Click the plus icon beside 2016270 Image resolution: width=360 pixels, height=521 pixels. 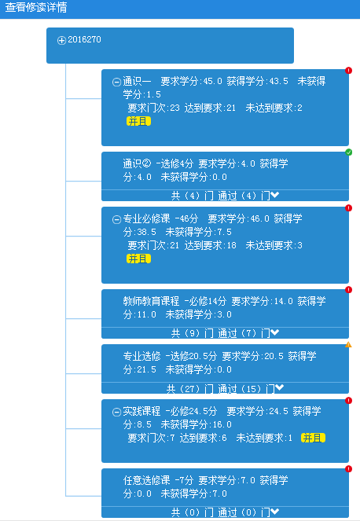pyautogui.click(x=61, y=41)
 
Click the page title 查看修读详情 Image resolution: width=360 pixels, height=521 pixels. pyautogui.click(x=36, y=7)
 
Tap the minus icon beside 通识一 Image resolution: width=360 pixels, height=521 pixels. pyautogui.click(x=116, y=82)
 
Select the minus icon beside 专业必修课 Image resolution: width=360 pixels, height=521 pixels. pyautogui.click(x=116, y=219)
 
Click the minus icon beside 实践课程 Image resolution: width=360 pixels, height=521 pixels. pyautogui.click(x=116, y=412)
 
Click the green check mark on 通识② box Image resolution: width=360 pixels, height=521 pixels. pyautogui.click(x=348, y=152)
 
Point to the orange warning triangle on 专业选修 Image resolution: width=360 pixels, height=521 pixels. pyautogui.click(x=348, y=344)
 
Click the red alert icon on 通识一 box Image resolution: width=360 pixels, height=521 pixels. pyautogui.click(x=348, y=71)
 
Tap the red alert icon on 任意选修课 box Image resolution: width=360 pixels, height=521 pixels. pyautogui.click(x=348, y=469)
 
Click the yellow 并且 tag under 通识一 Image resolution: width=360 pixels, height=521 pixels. pyautogui.click(x=138, y=121)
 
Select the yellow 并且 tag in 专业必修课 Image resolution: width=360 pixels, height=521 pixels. pyautogui.click(x=138, y=259)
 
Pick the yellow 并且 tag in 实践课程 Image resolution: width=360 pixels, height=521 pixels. pyautogui.click(x=313, y=438)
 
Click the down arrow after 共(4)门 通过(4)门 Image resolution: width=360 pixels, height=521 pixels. pyautogui.click(x=274, y=195)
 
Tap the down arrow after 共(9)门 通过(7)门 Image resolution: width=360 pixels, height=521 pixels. pyautogui.click(x=274, y=332)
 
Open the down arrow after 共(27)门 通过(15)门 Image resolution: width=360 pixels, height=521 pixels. pyautogui.click(x=280, y=387)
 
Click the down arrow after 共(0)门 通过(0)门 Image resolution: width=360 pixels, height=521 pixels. pyautogui.click(x=274, y=512)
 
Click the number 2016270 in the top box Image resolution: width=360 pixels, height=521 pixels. pyautogui.click(x=84, y=39)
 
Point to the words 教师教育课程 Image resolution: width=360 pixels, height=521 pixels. pyautogui.click(x=151, y=301)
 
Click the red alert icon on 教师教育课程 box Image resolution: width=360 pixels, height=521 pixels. pyautogui.click(x=348, y=290)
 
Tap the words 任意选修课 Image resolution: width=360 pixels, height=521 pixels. pyautogui.click(x=146, y=480)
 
